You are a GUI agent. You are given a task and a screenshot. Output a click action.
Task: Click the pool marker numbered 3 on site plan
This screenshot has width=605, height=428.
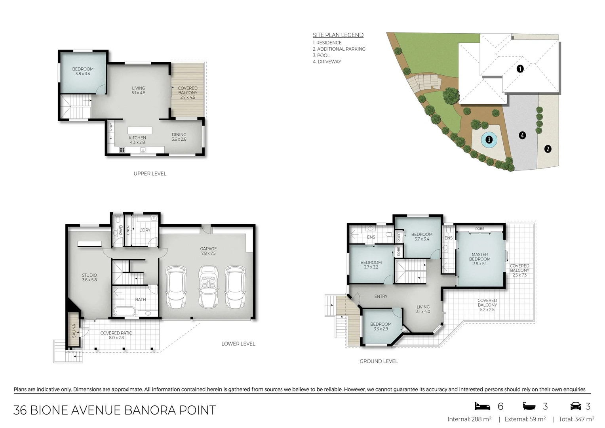(x=489, y=139)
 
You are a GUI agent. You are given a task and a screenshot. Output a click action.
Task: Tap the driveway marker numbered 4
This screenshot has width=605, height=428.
(x=522, y=136)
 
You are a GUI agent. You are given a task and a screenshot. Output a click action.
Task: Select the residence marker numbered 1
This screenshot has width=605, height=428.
(x=520, y=69)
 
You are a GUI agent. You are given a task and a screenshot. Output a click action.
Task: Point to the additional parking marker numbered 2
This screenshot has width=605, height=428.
(x=548, y=149)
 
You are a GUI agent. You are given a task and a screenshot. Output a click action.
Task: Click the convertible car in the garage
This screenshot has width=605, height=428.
(x=208, y=287)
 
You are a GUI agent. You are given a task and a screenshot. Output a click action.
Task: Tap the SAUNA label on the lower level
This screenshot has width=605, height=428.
(x=74, y=331)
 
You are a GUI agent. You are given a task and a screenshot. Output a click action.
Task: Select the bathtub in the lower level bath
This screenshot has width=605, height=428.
(x=126, y=311)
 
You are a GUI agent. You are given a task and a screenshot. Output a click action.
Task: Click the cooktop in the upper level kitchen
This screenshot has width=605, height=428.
(x=122, y=150)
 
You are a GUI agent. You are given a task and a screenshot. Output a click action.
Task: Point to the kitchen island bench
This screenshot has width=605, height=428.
(x=139, y=130)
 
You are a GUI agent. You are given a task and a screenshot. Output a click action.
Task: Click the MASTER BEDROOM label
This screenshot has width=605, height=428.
(x=479, y=257)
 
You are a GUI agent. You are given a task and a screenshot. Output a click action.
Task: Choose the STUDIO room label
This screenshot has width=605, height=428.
(x=89, y=275)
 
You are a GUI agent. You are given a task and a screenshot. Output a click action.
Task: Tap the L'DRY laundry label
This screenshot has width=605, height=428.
(x=145, y=230)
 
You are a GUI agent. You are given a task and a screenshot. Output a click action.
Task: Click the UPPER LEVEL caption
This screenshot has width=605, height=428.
(x=150, y=174)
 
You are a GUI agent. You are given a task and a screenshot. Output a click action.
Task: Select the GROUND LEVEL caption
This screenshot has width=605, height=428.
(x=379, y=361)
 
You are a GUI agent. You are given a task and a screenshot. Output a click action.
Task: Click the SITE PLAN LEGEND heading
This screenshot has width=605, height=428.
(x=338, y=35)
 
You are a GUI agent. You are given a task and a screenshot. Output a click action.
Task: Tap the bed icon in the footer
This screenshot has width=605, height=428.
(x=482, y=406)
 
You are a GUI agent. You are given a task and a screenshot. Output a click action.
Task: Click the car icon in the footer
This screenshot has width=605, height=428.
(x=575, y=406)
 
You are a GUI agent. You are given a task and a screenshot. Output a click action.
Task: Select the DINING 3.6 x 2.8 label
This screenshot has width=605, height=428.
(x=179, y=137)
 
